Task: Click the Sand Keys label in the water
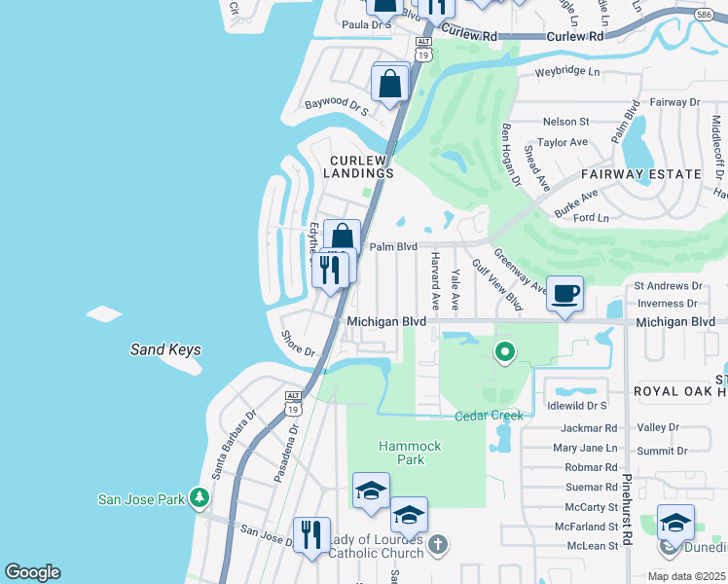coord(166,349)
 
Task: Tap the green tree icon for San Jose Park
coord(200,498)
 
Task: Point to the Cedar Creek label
coord(489,416)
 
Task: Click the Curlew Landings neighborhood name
coord(361,166)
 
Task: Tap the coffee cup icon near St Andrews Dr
coord(564,293)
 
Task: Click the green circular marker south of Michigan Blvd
coord(504,351)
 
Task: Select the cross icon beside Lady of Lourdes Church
coord(438,544)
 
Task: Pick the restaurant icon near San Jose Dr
coord(311,534)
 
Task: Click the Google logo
coord(31,572)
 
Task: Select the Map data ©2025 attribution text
coord(686,576)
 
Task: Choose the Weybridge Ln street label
coord(568,73)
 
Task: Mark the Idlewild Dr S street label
coord(577,405)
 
